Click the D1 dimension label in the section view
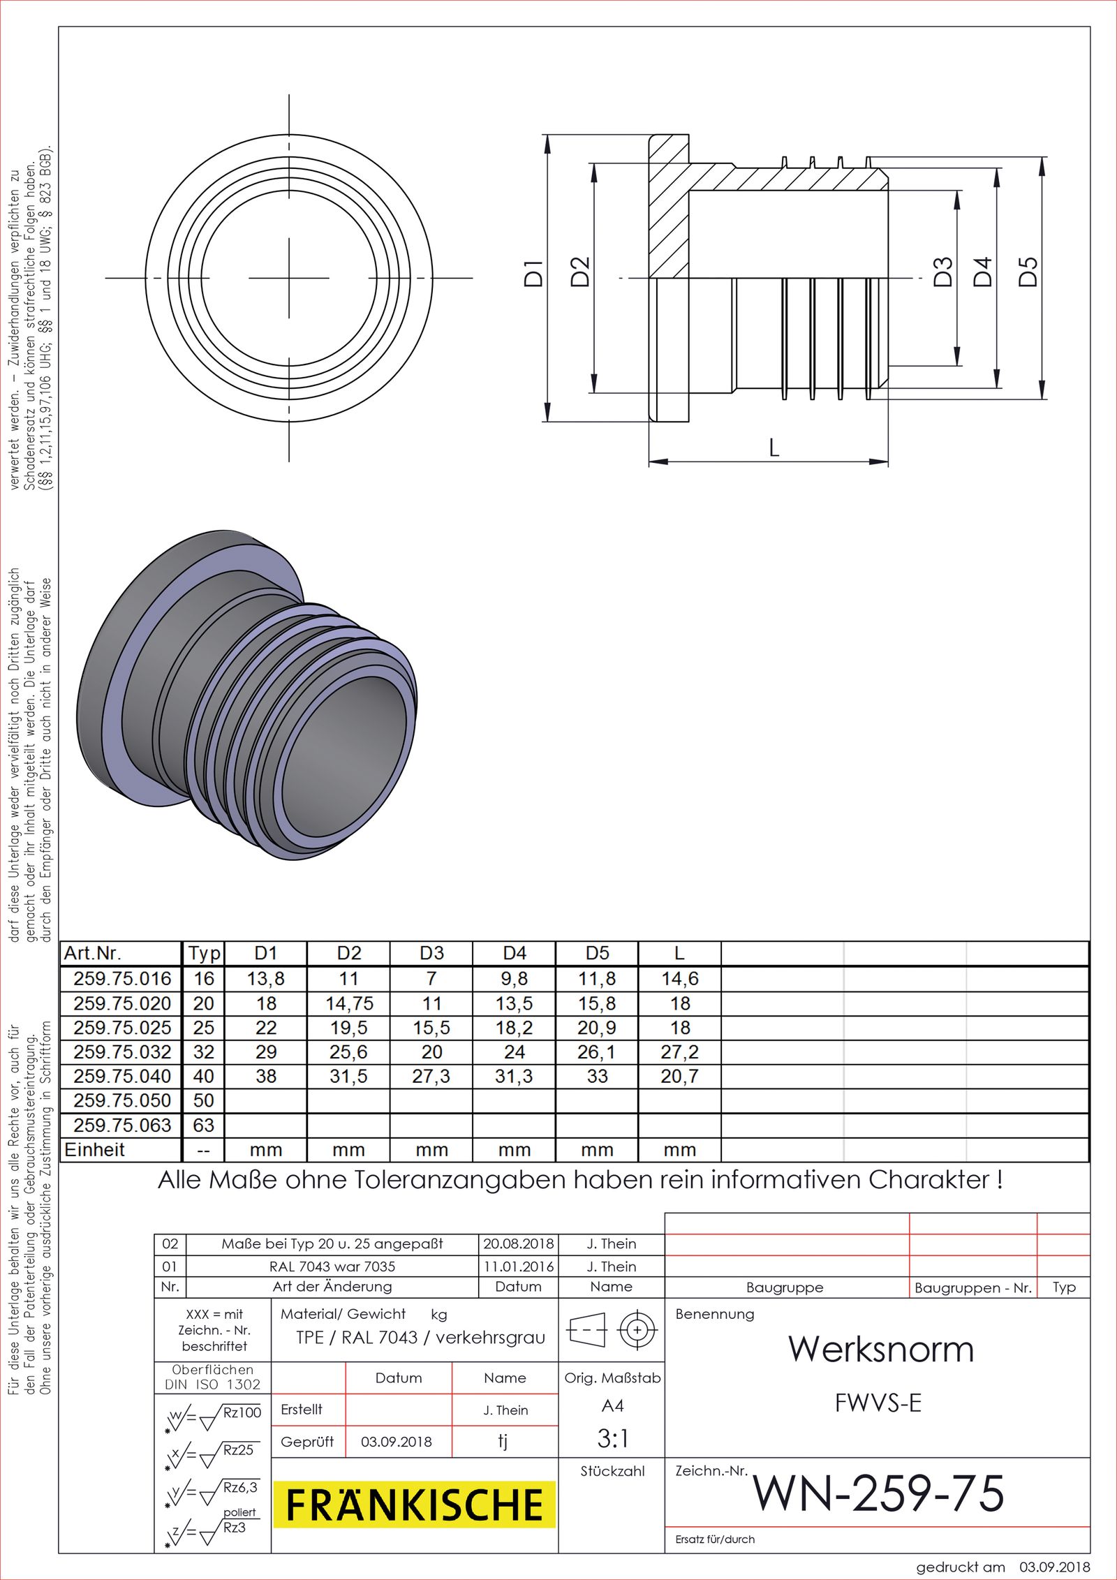tap(533, 273)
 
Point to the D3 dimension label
tap(943, 272)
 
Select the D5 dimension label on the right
tap(1028, 272)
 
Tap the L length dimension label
tap(774, 448)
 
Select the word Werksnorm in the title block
tap(881, 1349)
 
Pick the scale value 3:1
tap(612, 1438)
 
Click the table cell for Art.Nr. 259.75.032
tap(122, 1051)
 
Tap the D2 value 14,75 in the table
tap(349, 1003)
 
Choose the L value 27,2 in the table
tap(679, 1051)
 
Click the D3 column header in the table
tap(431, 953)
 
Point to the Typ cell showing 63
tap(203, 1125)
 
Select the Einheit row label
tap(95, 1149)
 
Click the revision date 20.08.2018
tap(518, 1243)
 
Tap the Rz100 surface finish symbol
tap(242, 1412)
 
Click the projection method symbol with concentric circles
tap(637, 1330)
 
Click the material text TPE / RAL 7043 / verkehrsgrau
tap(420, 1337)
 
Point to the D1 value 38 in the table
tap(266, 1076)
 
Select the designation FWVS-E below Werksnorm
tap(878, 1403)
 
